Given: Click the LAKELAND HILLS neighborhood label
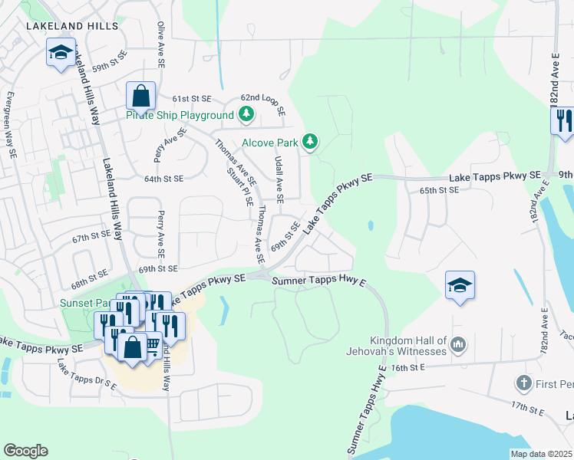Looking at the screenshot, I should (x=72, y=26).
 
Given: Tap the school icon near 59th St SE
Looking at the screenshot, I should (x=61, y=53).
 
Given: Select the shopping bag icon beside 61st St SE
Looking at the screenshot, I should (x=141, y=97).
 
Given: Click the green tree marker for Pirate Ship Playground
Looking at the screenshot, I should (x=246, y=115).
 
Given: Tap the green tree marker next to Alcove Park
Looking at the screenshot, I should (x=309, y=141).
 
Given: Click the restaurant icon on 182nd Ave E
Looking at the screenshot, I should (x=562, y=120).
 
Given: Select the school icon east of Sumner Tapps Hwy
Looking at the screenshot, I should (x=460, y=286).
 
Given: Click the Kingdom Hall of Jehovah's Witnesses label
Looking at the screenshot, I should (x=408, y=346).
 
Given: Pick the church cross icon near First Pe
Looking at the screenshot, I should (x=523, y=382).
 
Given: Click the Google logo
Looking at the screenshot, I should (x=25, y=451).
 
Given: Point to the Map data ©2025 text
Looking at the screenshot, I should (x=541, y=454).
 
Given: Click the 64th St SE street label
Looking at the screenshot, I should (x=163, y=179).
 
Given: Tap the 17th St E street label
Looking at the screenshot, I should (x=526, y=409).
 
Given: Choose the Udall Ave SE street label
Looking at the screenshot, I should (x=279, y=177).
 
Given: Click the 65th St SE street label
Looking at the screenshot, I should (x=437, y=189).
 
